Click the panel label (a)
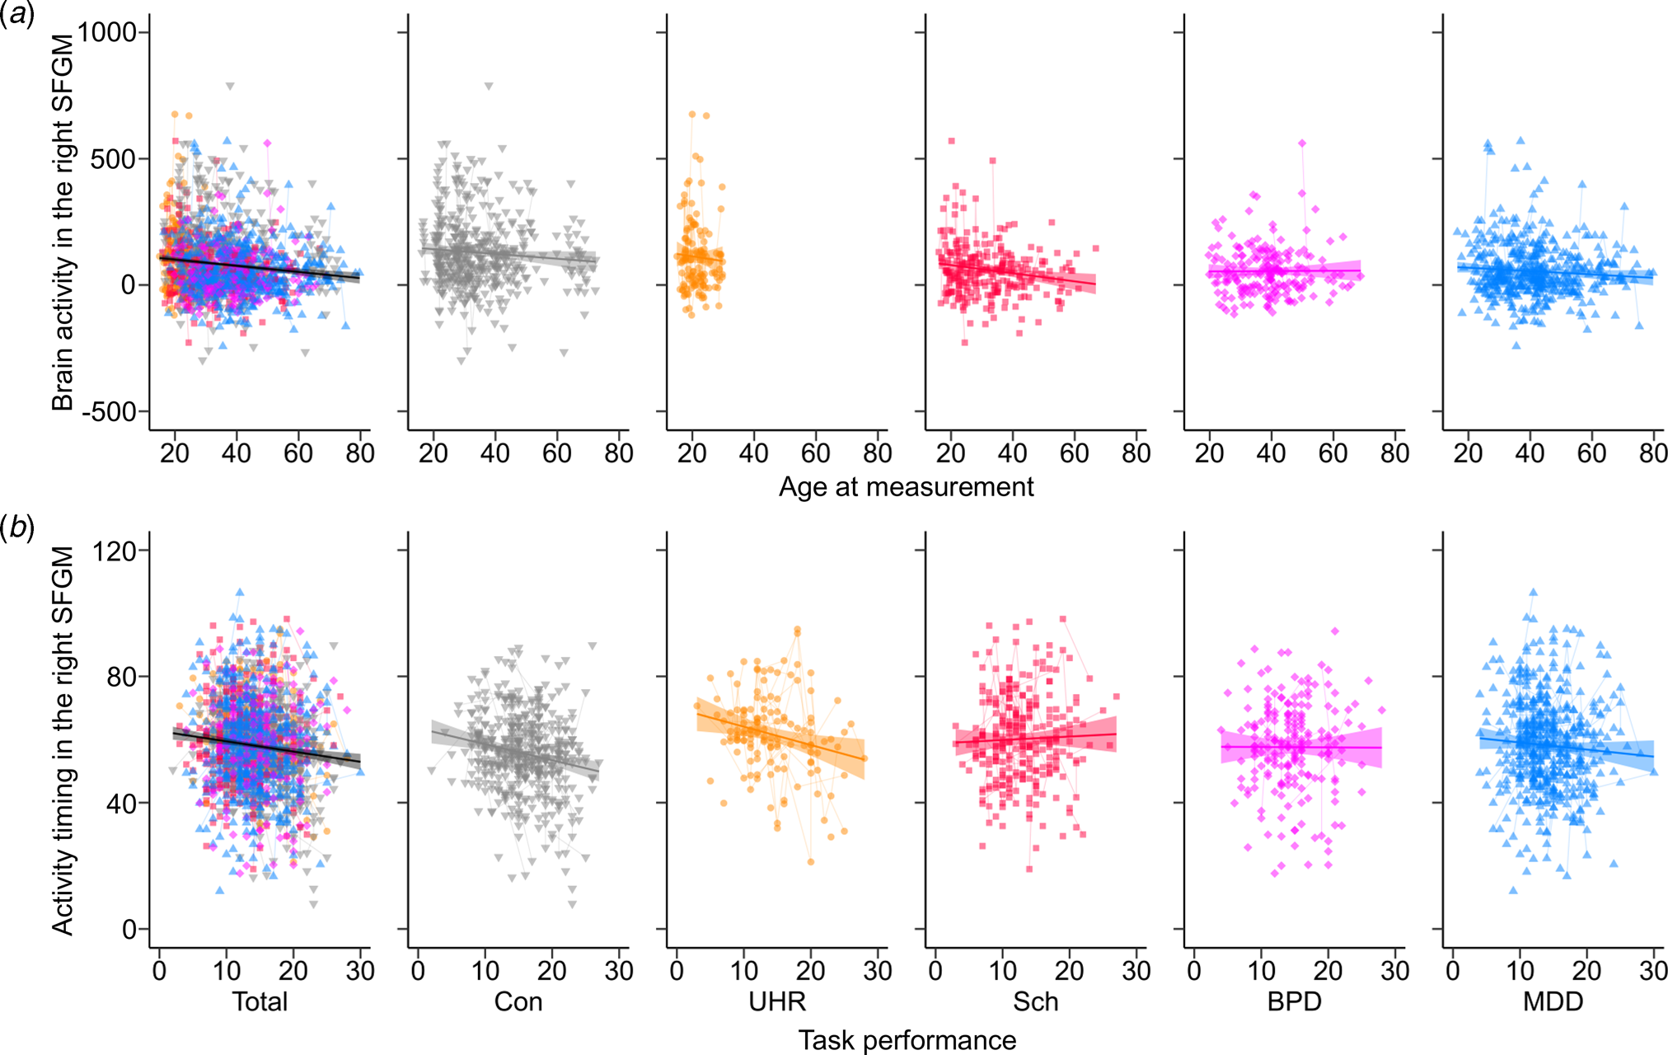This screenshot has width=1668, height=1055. pos(17,15)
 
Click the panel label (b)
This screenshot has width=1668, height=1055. pos(17,527)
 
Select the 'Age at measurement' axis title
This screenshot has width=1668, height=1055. pos(906,487)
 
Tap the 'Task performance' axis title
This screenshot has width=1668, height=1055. pos(907,1040)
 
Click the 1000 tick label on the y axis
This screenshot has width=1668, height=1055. pos(107,32)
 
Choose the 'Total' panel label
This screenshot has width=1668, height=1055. pos(260,1001)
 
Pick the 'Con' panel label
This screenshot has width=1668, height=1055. pos(518,1001)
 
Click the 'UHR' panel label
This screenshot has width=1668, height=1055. pos(777,1001)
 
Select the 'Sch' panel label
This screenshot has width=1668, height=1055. pos(1035,1001)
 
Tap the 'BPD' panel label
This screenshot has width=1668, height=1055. pos(1294,1001)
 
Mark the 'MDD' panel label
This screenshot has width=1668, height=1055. pos(1553,1001)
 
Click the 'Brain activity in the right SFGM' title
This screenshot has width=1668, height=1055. pos(63,223)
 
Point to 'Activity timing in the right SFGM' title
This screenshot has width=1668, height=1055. pos(63,739)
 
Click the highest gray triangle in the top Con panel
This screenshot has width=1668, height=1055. pos(489,86)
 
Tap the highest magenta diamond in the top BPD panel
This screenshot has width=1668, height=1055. pos(1302,143)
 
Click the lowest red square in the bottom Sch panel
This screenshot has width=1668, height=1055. pos(1029,869)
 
